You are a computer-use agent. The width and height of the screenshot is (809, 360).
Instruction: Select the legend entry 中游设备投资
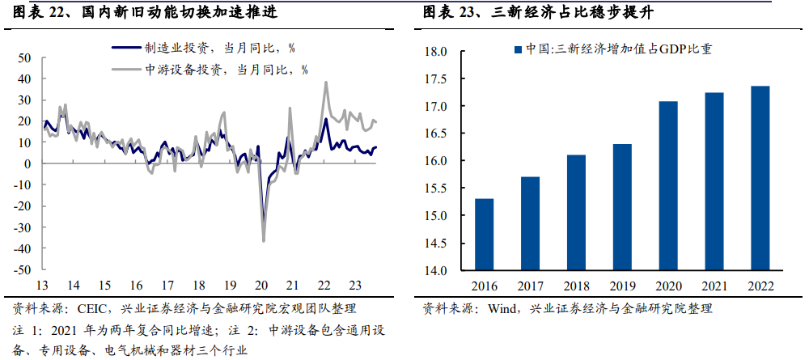(197, 70)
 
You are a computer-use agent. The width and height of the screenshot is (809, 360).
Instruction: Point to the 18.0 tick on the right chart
(436, 52)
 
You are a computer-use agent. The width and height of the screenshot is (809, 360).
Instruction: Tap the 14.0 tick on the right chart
(436, 270)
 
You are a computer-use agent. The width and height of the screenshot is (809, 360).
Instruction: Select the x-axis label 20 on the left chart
(260, 286)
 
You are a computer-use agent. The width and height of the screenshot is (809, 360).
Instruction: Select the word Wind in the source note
(503, 308)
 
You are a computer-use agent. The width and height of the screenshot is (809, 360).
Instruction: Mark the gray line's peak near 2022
(325, 82)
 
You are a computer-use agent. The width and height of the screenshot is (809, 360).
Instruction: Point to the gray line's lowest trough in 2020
(264, 240)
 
